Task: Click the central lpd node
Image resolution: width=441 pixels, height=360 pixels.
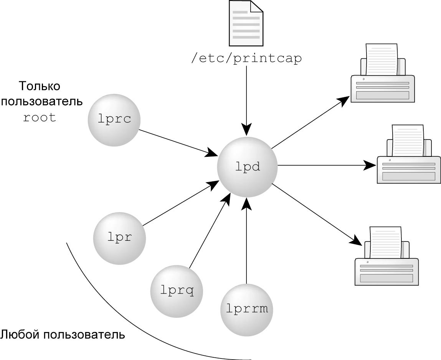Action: (248, 166)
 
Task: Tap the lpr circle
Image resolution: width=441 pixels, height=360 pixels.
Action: (119, 238)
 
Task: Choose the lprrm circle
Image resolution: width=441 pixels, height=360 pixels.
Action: (247, 309)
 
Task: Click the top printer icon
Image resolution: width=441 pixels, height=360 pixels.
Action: (383, 77)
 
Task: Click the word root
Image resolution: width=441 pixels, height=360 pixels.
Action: (40, 117)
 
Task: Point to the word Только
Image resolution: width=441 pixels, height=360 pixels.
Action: (40, 86)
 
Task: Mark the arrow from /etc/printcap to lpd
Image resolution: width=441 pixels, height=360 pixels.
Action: (246, 100)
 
